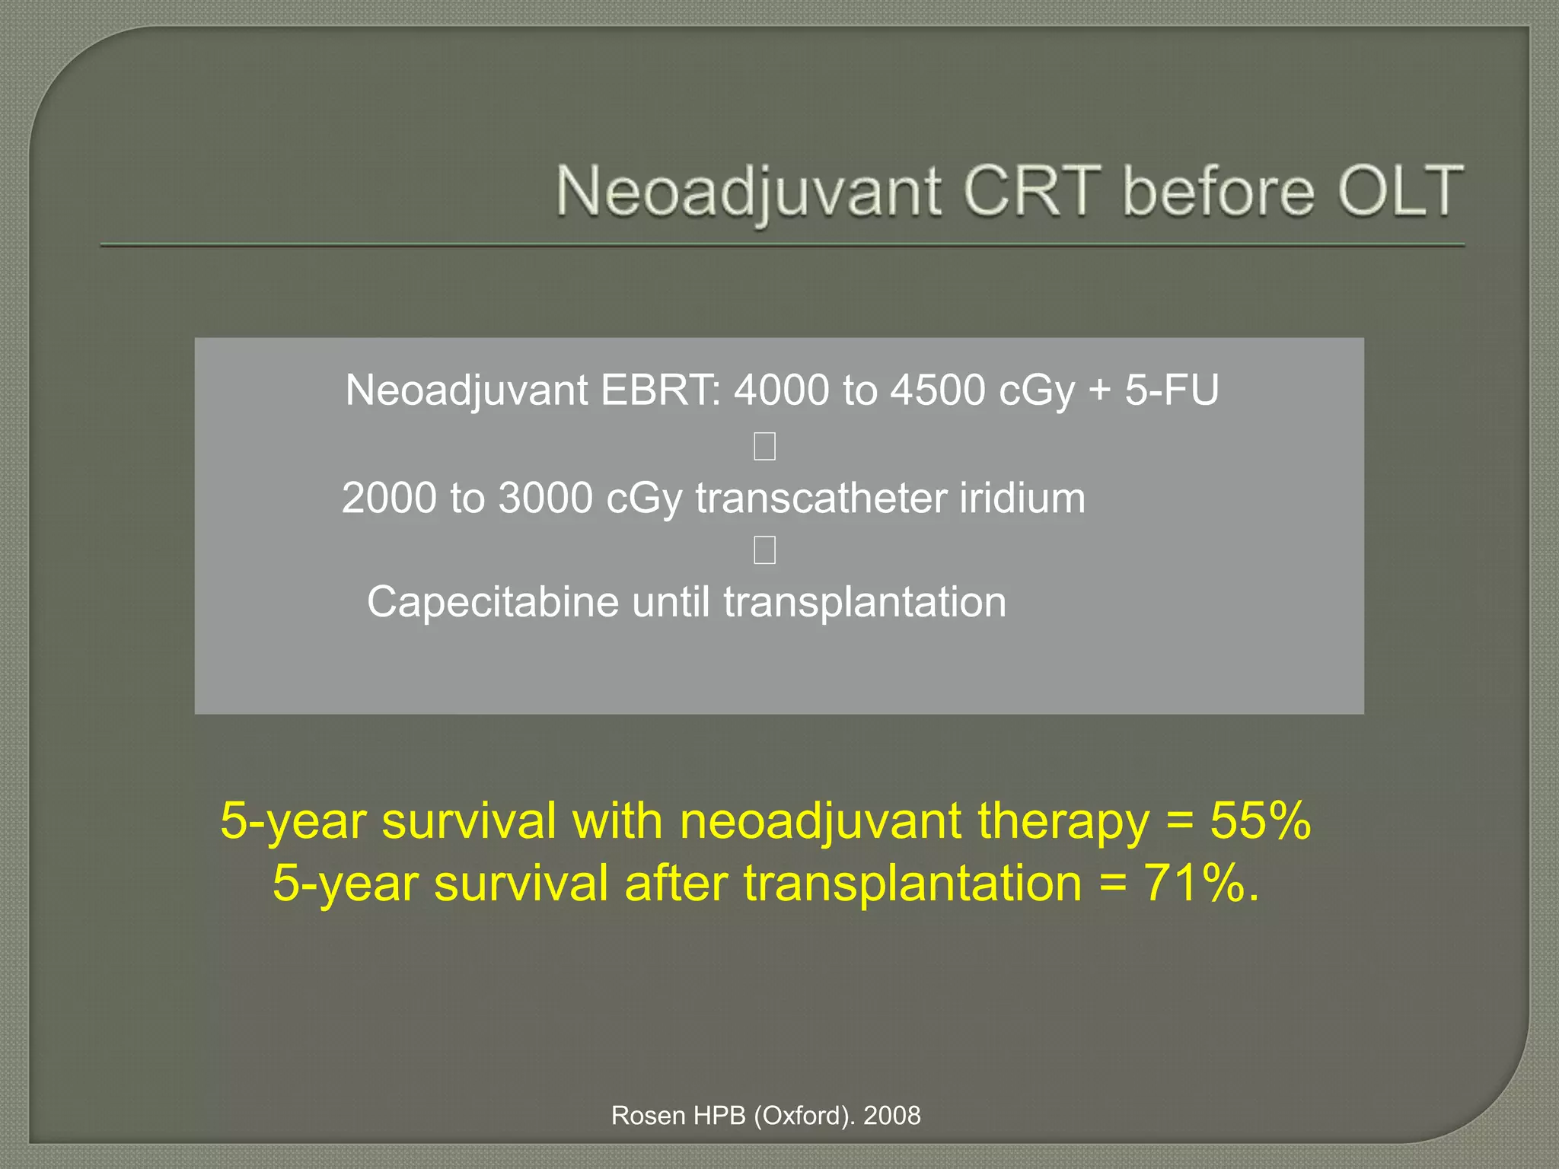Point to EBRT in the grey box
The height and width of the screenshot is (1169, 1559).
(659, 390)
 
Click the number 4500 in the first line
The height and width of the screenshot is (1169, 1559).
(937, 390)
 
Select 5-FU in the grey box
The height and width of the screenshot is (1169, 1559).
(1172, 390)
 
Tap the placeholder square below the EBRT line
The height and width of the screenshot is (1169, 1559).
(764, 446)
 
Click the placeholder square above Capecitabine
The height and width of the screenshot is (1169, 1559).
(764, 549)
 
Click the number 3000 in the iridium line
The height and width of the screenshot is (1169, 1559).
(545, 498)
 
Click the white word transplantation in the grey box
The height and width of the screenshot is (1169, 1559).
(865, 603)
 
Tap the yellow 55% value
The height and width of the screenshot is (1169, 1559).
(1261, 821)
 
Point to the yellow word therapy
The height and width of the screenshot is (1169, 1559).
(1063, 823)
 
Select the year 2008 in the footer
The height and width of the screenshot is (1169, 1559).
(891, 1116)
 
